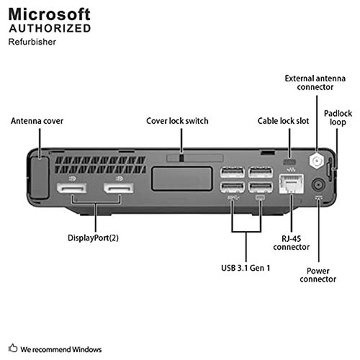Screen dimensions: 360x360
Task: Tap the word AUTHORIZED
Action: coord(49,29)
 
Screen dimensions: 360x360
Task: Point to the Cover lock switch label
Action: coord(177,121)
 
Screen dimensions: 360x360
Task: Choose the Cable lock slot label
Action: coord(283,121)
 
